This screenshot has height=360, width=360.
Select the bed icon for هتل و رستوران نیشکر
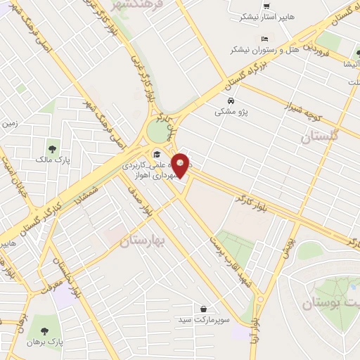264,38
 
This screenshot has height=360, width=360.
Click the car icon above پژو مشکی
227,100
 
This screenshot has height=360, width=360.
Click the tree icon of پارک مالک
53,148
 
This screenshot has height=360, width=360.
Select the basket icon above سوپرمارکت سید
203,309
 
